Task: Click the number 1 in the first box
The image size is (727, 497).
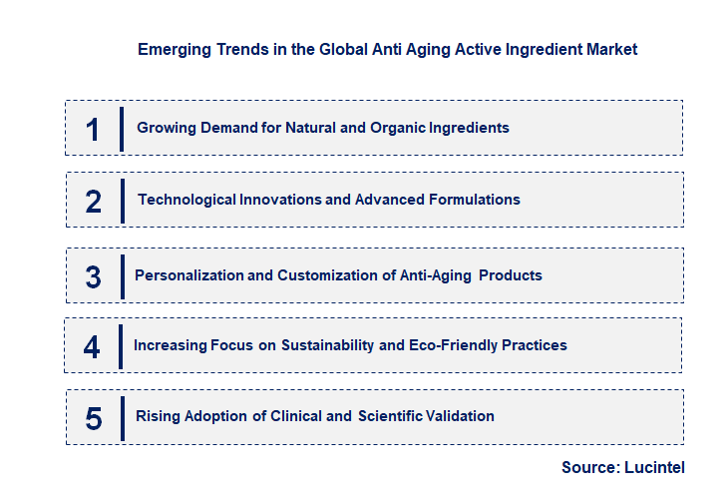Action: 93,129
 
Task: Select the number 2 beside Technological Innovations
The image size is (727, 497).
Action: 94,201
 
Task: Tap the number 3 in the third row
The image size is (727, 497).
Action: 93,276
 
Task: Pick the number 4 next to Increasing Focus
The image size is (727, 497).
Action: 92,346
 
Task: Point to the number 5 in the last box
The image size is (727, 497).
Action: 94,417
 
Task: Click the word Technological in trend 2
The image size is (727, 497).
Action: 186,200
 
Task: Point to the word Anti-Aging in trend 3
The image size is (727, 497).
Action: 436,274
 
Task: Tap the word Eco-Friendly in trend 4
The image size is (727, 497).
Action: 452,345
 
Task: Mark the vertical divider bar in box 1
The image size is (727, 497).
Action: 122,128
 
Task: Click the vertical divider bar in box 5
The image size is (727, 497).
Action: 122,417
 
